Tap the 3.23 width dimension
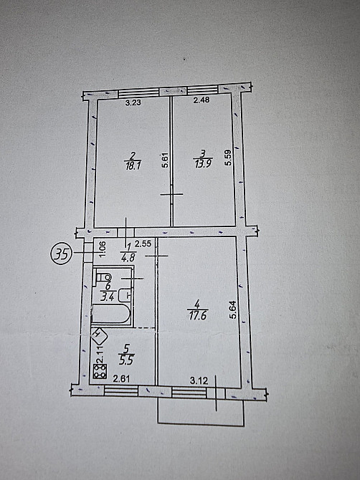click(x=133, y=102)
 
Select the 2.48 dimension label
click(x=202, y=100)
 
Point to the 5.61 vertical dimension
click(x=165, y=160)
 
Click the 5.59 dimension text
click(x=228, y=158)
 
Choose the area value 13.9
click(x=203, y=164)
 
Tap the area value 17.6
click(x=196, y=316)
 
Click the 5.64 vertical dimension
click(x=233, y=311)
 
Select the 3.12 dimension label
click(x=199, y=381)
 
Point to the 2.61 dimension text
click(x=121, y=379)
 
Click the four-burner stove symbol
click(x=100, y=371)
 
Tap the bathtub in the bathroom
click(x=111, y=314)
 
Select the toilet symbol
click(x=103, y=277)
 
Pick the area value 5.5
click(x=126, y=360)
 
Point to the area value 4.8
click(x=128, y=257)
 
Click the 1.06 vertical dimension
click(x=103, y=246)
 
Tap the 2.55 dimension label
click(x=143, y=244)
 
